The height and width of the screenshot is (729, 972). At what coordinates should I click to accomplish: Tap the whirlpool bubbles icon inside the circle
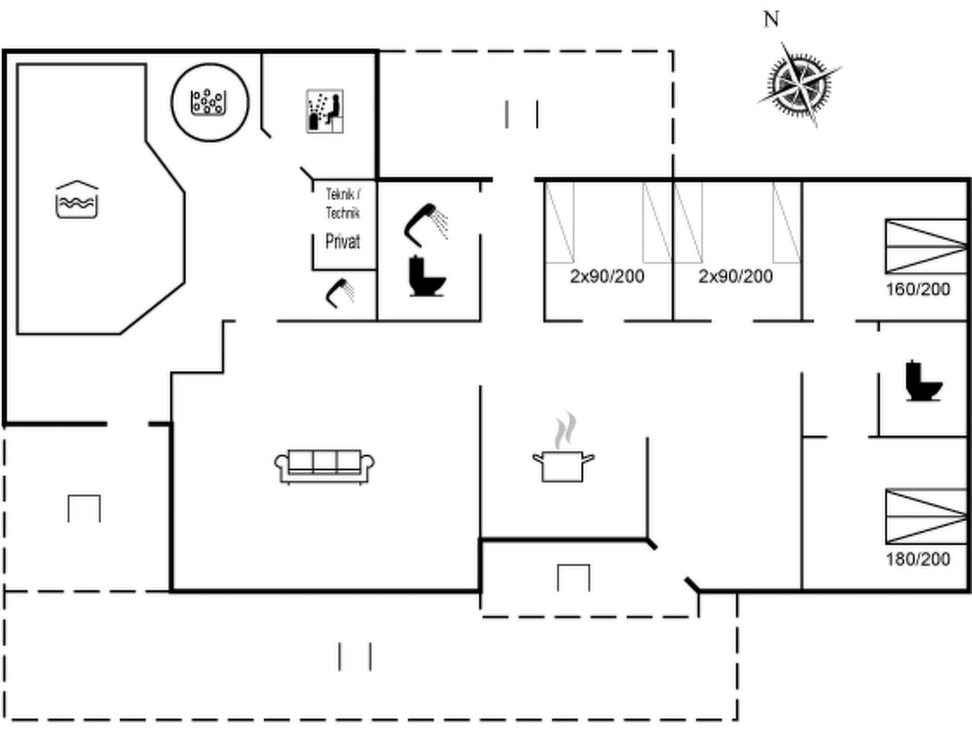[x=208, y=102]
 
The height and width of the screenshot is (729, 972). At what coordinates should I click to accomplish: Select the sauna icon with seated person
[x=325, y=111]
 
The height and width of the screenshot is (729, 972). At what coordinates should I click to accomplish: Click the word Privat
[x=342, y=242]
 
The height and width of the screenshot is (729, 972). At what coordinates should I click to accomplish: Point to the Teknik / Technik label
[x=343, y=203]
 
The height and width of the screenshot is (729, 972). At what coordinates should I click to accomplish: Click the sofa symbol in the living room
[x=325, y=466]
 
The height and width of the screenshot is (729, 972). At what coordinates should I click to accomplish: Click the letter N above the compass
[x=771, y=20]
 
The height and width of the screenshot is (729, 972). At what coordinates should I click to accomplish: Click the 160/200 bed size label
[x=917, y=289]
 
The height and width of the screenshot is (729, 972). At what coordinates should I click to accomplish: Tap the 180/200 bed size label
[x=917, y=559]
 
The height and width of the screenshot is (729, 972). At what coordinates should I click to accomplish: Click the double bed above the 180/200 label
[x=926, y=516]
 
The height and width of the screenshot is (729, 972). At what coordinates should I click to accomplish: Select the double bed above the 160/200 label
[x=926, y=246]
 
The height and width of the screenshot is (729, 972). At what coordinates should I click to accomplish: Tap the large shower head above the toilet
[x=426, y=224]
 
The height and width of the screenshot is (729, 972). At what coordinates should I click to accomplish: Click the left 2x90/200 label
[x=607, y=276]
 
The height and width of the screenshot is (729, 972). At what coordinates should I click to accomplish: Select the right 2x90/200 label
[x=735, y=276]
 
